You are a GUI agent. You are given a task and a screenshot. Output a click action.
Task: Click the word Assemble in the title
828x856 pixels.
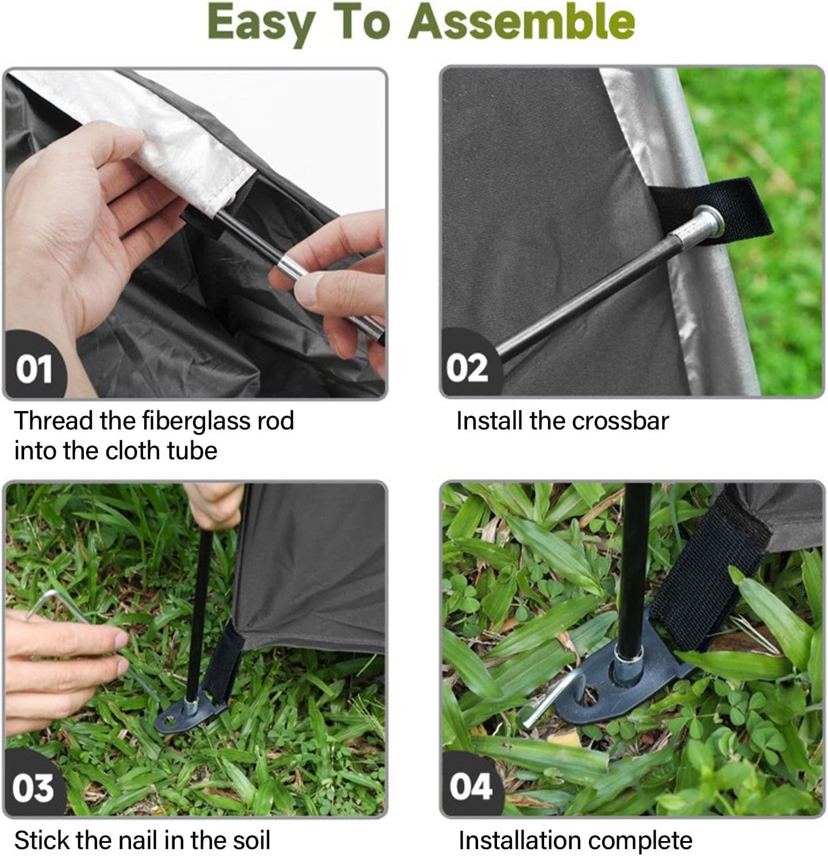(x=522, y=22)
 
